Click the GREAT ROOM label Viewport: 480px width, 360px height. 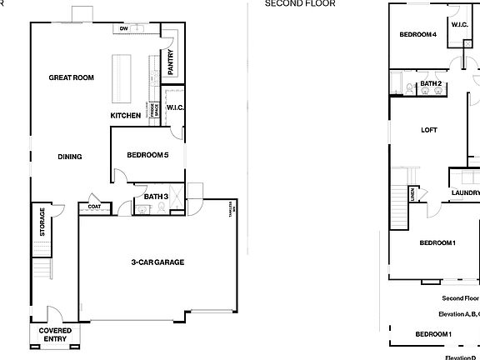71,77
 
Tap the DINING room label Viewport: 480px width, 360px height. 70,156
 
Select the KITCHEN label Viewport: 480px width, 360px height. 126,115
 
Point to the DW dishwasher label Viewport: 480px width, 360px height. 123,29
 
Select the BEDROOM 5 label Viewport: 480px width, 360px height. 147,155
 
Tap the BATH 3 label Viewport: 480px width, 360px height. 156,197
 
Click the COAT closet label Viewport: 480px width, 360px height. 94,206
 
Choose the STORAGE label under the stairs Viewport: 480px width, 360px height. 42,222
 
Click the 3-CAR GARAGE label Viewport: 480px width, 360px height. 157,262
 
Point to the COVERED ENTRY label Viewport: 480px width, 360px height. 55,334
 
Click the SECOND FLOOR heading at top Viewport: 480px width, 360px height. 300,3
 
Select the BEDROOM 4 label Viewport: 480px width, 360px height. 417,34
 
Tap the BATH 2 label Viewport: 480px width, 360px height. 431,84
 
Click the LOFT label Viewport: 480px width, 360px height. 429,130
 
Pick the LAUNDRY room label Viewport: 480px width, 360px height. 465,193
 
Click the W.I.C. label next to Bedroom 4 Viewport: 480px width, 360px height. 459,25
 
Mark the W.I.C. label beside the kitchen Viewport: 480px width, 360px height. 175,107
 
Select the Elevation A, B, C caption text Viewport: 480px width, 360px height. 458,314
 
